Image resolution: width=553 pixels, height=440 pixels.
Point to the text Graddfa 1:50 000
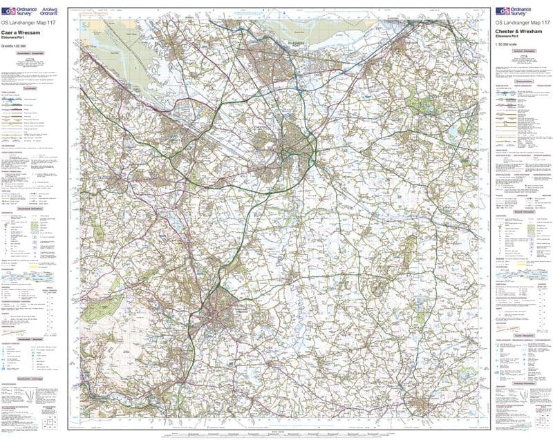point(15,45)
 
